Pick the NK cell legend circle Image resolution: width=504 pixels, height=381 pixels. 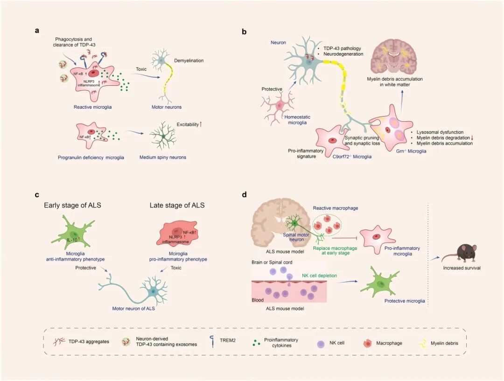[x=320, y=343]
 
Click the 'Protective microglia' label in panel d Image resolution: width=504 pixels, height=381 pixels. [x=405, y=301]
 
